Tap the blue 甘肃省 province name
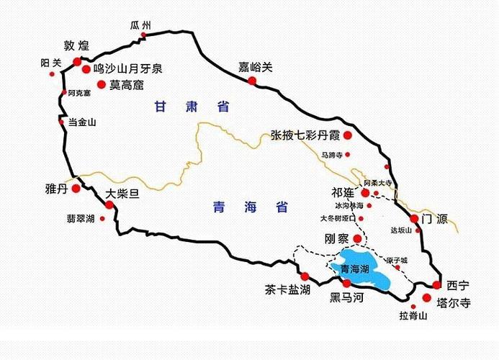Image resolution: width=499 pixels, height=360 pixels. [x=192, y=107]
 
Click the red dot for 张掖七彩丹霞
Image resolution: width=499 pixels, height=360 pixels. [x=347, y=135]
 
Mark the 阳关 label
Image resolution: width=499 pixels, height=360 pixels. [x=50, y=63]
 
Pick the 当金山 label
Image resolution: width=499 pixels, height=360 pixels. [x=81, y=122]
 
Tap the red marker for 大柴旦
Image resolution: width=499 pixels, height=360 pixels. [x=109, y=204]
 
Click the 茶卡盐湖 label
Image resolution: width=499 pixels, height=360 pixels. [x=287, y=290]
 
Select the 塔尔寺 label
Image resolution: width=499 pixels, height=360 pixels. [x=454, y=303]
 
